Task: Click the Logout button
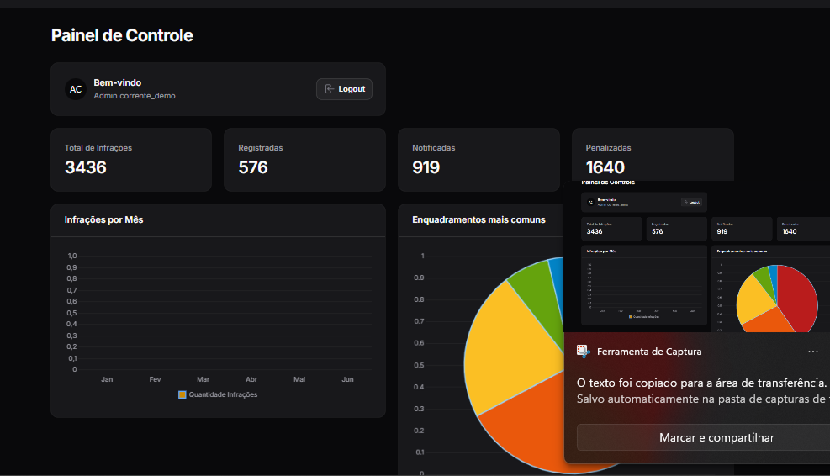point(344,89)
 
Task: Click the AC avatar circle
point(76,89)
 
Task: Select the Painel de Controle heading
point(122,35)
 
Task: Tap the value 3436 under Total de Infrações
point(86,167)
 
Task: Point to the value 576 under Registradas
point(253,167)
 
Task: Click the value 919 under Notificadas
point(426,167)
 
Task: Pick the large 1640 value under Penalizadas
point(605,167)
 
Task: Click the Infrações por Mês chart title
point(106,220)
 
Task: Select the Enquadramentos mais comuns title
point(478,220)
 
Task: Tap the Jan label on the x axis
point(107,379)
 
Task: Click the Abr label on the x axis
point(251,379)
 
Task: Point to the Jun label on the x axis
point(348,379)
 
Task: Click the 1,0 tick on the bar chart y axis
point(72,256)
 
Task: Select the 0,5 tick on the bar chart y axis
point(72,313)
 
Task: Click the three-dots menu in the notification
point(812,352)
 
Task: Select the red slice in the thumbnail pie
point(799,299)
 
